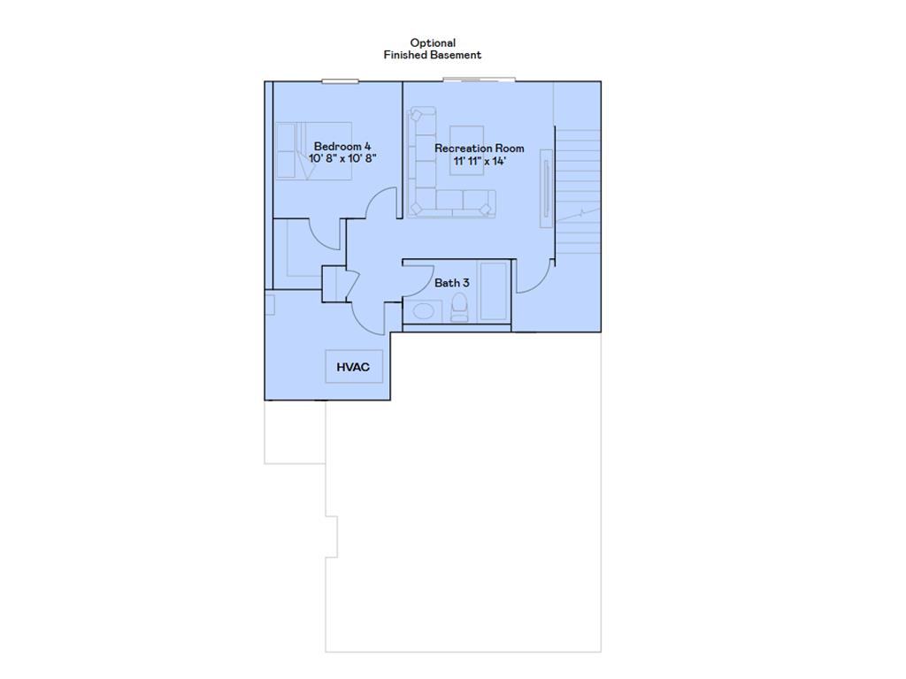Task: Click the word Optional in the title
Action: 433,42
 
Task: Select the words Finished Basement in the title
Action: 433,55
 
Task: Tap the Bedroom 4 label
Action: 342,146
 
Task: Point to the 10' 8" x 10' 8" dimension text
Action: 342,158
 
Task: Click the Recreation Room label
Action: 479,149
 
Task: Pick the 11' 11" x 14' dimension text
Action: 479,162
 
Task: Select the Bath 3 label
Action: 451,283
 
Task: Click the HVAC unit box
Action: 354,366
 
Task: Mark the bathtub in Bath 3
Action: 494,291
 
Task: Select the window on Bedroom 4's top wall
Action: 340,81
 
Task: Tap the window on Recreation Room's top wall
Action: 479,80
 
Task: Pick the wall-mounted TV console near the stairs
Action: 547,187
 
